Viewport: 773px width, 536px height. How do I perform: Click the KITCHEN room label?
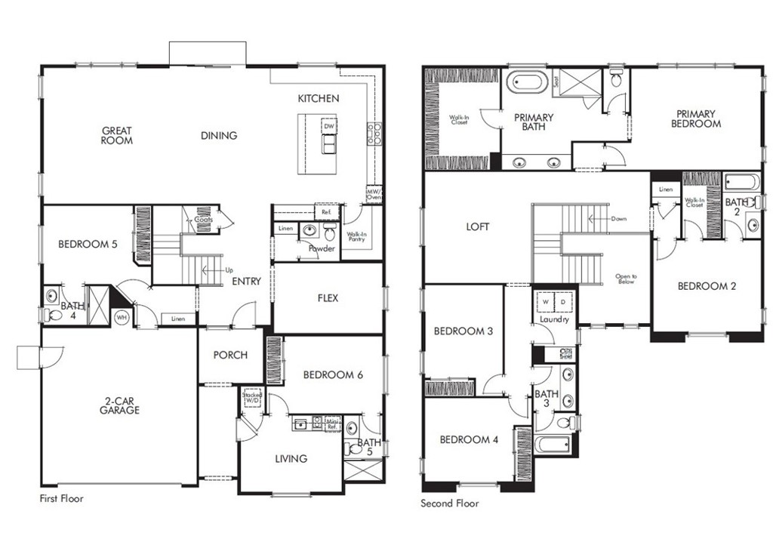click(x=318, y=98)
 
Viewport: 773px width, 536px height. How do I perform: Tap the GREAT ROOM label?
click(x=117, y=136)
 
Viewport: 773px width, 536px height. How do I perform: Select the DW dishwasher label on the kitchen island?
click(x=328, y=126)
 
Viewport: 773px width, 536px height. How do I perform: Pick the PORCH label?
click(x=230, y=355)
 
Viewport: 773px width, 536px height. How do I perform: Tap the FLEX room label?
click(x=328, y=297)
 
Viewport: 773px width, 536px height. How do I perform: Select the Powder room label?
click(x=321, y=248)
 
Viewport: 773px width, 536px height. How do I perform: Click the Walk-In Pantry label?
click(x=356, y=237)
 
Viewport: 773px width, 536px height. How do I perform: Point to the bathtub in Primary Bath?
click(x=527, y=81)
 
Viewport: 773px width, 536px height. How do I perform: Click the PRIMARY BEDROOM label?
click(x=696, y=119)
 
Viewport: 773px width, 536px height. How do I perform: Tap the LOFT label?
click(x=478, y=226)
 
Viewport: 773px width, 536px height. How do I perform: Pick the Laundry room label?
click(x=553, y=320)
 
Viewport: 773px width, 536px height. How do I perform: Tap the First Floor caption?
click(x=61, y=499)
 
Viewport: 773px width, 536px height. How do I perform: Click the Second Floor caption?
click(x=449, y=503)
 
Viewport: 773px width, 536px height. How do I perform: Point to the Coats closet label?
click(x=203, y=220)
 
